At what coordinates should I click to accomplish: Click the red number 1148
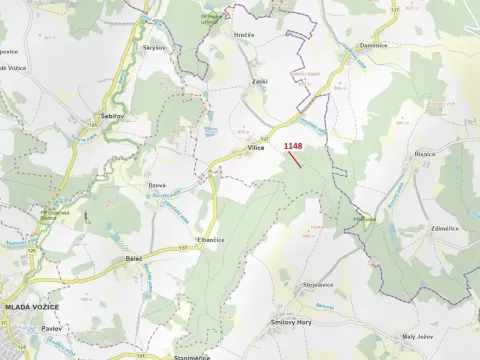tap(292, 146)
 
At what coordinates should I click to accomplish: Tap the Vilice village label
tap(256, 147)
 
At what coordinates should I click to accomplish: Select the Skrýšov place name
tap(153, 47)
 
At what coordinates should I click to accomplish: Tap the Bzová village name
tap(158, 187)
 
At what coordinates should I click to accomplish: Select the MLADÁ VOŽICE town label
tap(31, 307)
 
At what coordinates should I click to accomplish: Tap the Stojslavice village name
tap(318, 285)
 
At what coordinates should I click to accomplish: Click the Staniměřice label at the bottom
tap(192, 356)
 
